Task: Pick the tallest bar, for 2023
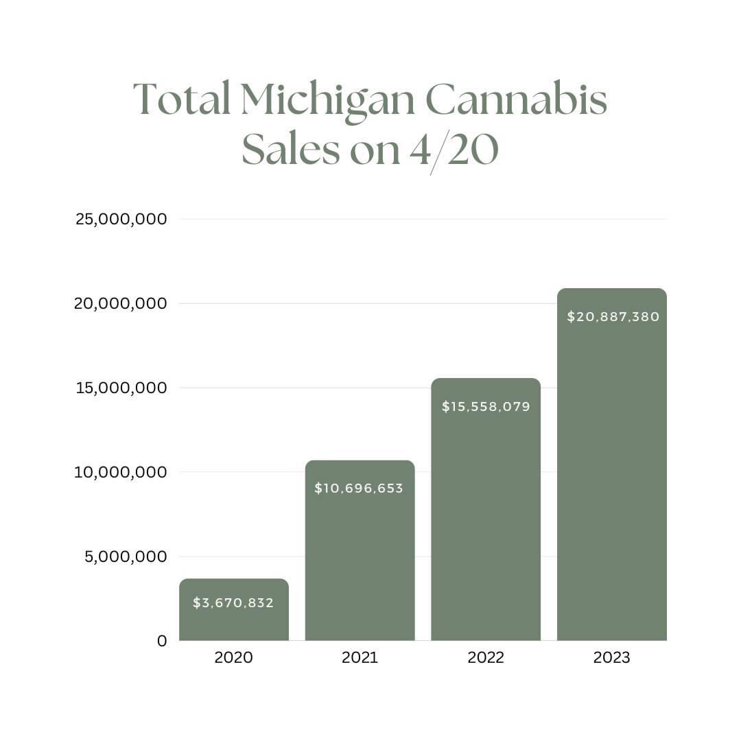[611, 480]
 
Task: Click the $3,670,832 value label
[233, 603]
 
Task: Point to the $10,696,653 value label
[359, 489]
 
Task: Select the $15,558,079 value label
[486, 407]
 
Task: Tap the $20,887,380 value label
[613, 317]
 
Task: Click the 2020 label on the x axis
[233, 657]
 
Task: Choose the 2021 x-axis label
[360, 657]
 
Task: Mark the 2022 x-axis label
[486, 657]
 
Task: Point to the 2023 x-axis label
[611, 657]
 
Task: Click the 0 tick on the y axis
[162, 641]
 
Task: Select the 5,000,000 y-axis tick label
[126, 556]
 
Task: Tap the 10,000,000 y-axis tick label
[121, 472]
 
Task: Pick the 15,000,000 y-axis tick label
[121, 388]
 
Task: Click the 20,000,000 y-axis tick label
[121, 303]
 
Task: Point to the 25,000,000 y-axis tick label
[121, 219]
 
